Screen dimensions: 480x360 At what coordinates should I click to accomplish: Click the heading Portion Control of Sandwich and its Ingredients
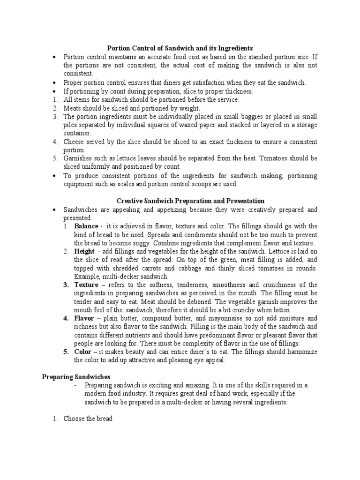[x=180, y=48]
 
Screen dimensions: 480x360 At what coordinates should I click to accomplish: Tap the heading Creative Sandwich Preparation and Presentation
[x=190, y=201]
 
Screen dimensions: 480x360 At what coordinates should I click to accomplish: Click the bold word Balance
[x=86, y=226]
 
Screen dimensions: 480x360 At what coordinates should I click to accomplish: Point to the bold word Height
[x=84, y=252]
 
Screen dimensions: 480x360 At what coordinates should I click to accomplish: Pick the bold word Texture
[x=86, y=285]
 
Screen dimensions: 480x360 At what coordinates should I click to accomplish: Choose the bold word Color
[x=83, y=352]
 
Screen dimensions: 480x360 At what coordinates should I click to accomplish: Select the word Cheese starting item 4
[x=75, y=142]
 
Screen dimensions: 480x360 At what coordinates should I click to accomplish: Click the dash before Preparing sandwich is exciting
[x=76, y=385]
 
